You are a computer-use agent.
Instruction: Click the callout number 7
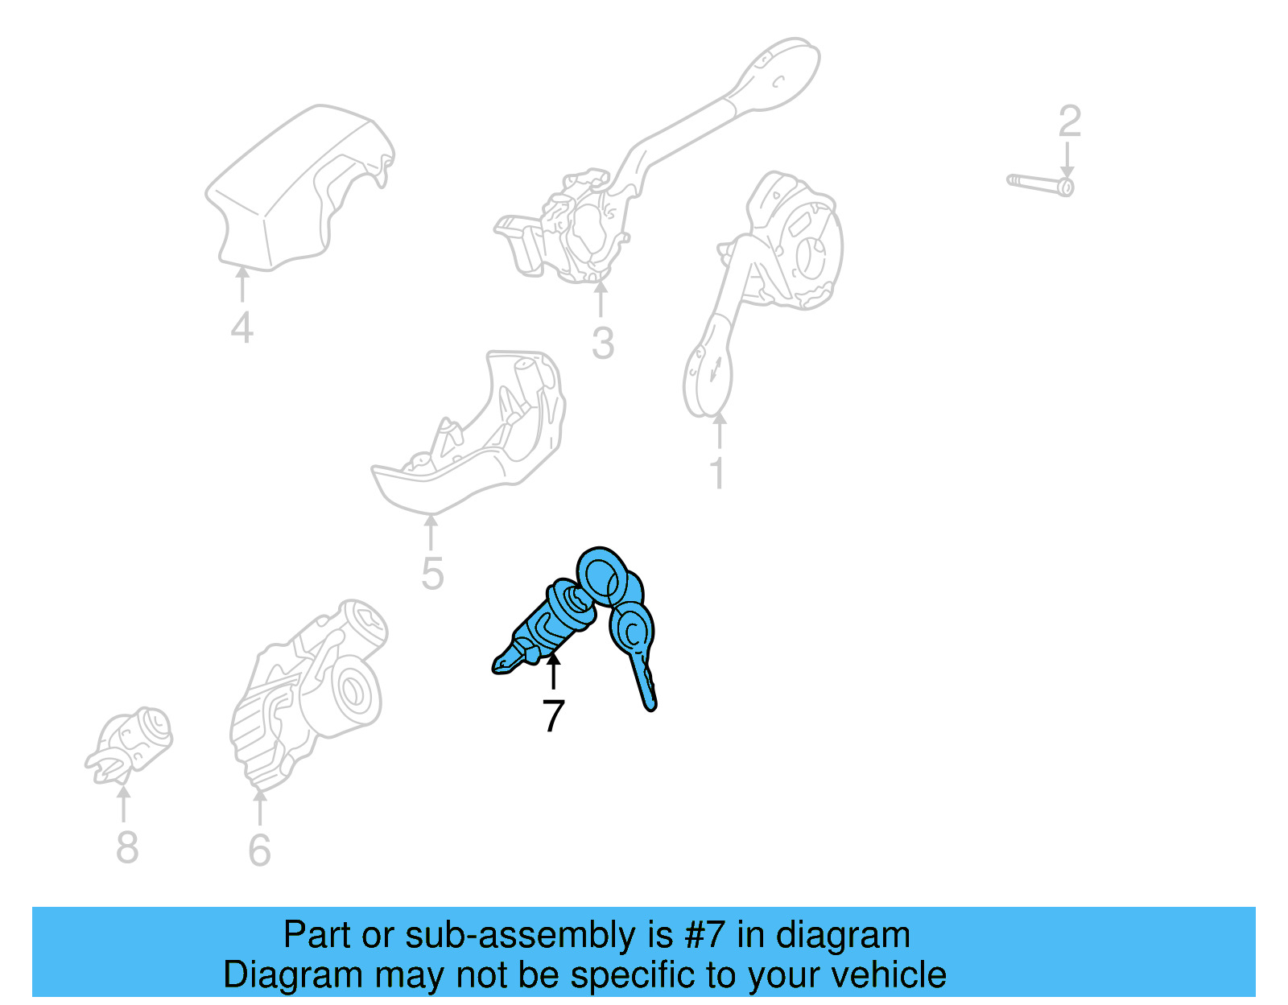(553, 715)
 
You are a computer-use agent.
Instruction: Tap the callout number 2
(1069, 122)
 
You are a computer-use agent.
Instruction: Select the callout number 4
(242, 327)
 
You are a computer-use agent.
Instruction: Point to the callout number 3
(603, 344)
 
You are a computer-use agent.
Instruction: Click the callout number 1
(717, 473)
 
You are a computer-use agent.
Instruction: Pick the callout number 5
(432, 573)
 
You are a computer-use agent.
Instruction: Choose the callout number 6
(260, 851)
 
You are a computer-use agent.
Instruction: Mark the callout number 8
(127, 846)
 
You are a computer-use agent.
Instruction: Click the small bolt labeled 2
(1040, 184)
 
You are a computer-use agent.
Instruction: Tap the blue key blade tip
(650, 706)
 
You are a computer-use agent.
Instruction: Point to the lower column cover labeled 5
(469, 432)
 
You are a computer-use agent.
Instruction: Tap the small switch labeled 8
(129, 745)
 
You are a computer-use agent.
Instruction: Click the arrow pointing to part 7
(553, 672)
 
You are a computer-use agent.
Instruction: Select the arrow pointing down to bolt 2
(1067, 160)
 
